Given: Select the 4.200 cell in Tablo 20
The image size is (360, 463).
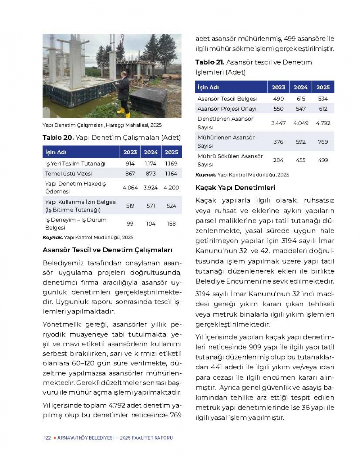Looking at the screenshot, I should click(171, 187).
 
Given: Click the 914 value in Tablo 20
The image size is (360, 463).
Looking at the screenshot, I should click(130, 164).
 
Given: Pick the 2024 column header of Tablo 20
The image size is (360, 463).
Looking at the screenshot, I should click(150, 152).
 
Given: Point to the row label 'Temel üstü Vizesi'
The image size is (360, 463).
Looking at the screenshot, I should click(68, 174).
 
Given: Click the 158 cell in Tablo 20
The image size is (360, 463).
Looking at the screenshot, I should click(171, 224).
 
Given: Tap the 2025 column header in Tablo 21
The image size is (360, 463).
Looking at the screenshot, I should click(323, 87).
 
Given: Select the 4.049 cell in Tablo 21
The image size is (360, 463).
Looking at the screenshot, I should click(301, 123).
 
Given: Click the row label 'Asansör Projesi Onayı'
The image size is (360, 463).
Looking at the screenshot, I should click(227, 109).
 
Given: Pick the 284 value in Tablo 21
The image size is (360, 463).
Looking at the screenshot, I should click(278, 160).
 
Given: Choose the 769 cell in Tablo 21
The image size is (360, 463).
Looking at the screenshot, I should click(323, 142).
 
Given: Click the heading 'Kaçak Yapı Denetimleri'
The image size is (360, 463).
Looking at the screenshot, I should click(235, 188).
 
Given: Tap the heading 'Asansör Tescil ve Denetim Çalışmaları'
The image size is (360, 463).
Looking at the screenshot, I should click(107, 250).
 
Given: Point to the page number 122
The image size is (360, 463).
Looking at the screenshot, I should click(47, 438).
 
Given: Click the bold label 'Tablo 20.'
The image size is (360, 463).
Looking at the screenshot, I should click(58, 138).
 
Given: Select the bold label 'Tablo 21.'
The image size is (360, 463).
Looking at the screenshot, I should click(210, 62).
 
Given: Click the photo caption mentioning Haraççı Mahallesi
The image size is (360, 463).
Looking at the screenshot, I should click(102, 125).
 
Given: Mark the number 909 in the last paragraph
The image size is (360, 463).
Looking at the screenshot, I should click(256, 347).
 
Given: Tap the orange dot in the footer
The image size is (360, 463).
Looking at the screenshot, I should click(54, 438).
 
